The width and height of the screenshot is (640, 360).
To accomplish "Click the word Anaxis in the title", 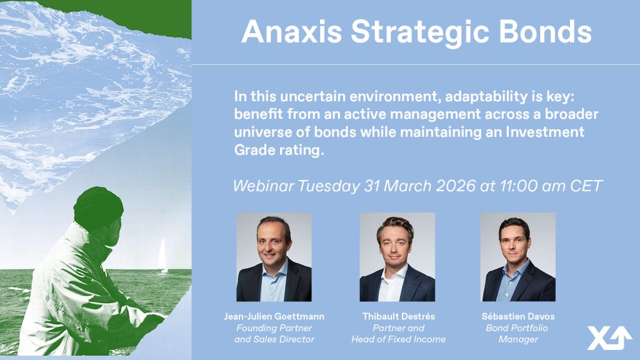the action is [291, 32].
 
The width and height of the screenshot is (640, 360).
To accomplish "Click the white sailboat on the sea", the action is [162, 255].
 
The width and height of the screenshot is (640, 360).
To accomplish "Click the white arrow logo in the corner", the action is [609, 337].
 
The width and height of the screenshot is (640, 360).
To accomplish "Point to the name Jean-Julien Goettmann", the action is [274, 316].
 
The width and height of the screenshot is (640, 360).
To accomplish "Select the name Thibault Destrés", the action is [398, 316].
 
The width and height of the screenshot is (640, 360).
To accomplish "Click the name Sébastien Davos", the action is [518, 316].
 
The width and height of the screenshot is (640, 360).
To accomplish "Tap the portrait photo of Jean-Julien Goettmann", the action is [274, 257].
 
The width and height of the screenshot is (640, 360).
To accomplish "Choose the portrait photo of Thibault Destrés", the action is [397, 257].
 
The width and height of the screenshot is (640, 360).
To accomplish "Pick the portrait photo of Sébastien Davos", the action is [518, 257].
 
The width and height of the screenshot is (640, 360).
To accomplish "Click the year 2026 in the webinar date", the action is [456, 186].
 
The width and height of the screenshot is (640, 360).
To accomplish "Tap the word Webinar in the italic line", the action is [263, 186].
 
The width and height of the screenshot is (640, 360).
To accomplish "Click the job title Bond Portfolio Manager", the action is [517, 334].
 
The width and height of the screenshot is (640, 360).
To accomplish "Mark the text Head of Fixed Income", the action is [398, 339].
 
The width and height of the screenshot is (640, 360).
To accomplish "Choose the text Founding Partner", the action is [274, 327].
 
